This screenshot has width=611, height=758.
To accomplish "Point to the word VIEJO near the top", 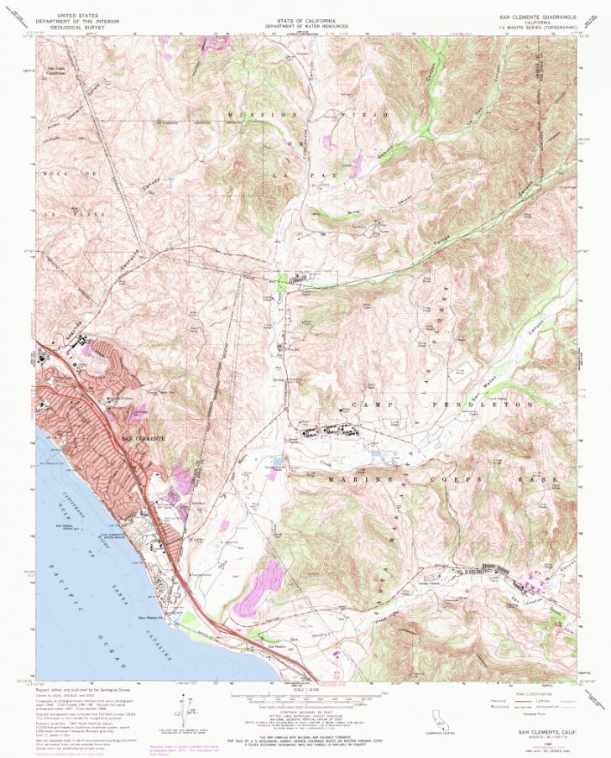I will point(375,112).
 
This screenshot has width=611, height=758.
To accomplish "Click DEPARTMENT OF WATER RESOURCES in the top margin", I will point(305,26).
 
